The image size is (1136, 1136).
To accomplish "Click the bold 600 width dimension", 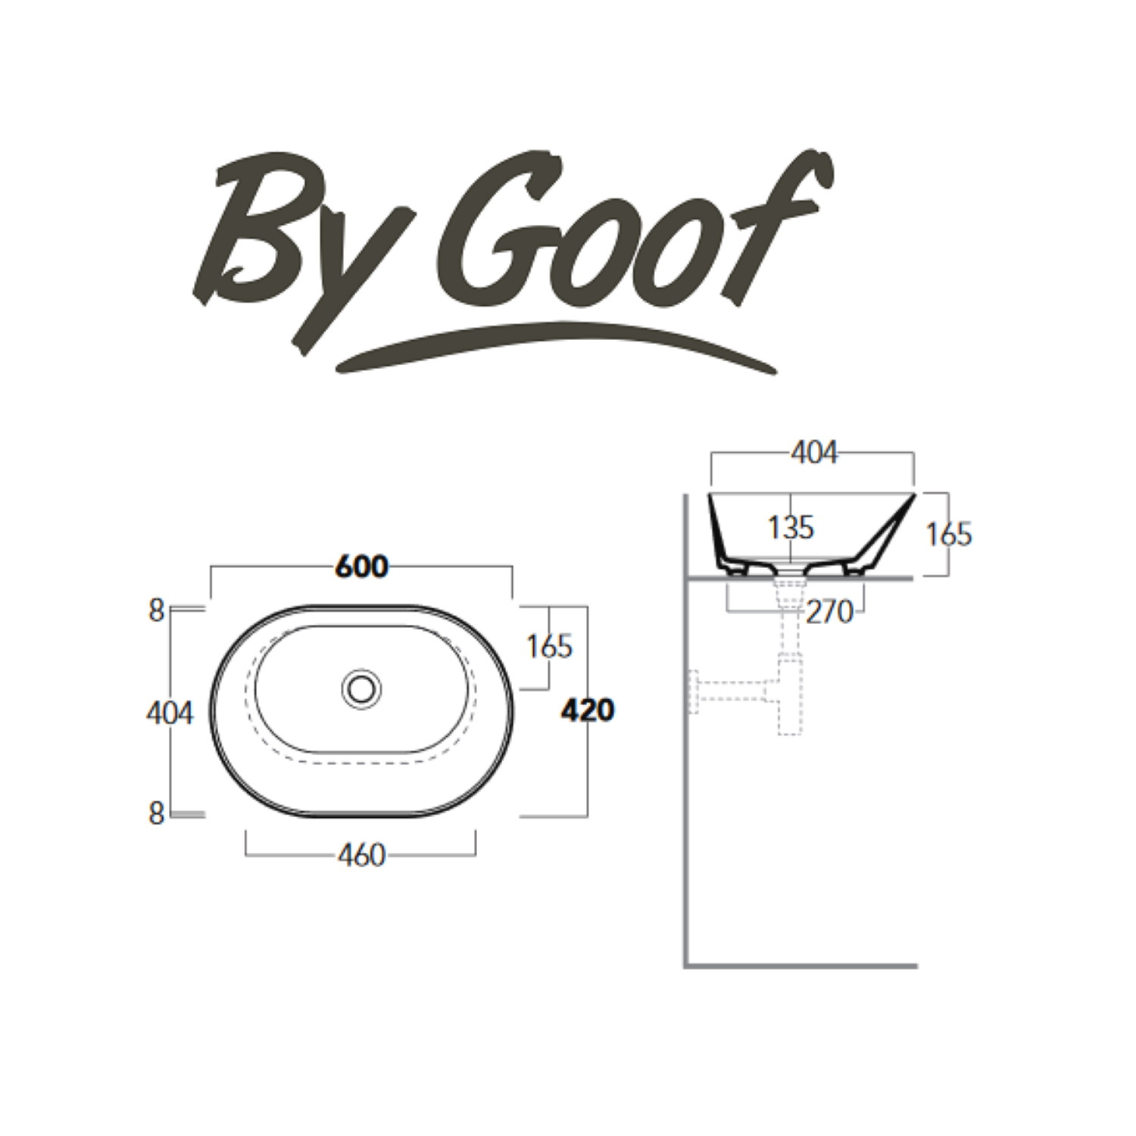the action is click(x=361, y=566).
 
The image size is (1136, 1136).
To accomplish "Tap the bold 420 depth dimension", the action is click(x=588, y=710).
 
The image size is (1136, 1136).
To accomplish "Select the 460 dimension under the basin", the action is click(x=362, y=856).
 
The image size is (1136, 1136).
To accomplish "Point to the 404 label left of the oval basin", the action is click(x=170, y=713).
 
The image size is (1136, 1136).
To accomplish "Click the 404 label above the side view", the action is click(x=814, y=453).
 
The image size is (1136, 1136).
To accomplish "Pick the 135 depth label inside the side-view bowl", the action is click(x=791, y=527).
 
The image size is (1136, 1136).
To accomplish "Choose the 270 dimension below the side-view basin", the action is click(x=829, y=611).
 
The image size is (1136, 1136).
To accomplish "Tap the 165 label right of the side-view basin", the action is click(x=949, y=535).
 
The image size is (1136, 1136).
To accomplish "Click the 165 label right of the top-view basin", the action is click(x=550, y=646).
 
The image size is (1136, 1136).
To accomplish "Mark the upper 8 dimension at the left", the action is click(x=156, y=610).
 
